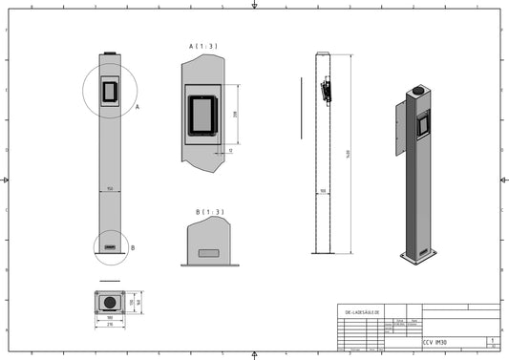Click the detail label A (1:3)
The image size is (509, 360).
[x=201, y=45]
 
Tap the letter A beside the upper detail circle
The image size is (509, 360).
[x=138, y=108]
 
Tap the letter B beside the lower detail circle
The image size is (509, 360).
[x=132, y=247]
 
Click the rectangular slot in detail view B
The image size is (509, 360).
[x=207, y=253]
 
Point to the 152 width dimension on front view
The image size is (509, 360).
[x=111, y=189]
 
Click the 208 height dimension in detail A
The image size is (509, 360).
[x=235, y=115]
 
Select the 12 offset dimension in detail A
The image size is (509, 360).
[x=230, y=150]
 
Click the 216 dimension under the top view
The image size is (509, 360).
[x=110, y=325]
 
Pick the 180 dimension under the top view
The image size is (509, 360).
[x=110, y=318]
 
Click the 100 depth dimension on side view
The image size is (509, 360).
[x=323, y=191]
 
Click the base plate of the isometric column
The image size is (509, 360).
[x=418, y=255]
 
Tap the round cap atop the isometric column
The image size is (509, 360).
[x=417, y=93]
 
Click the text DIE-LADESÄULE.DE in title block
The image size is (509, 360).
[x=362, y=312]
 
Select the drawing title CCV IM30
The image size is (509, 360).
[x=435, y=342]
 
